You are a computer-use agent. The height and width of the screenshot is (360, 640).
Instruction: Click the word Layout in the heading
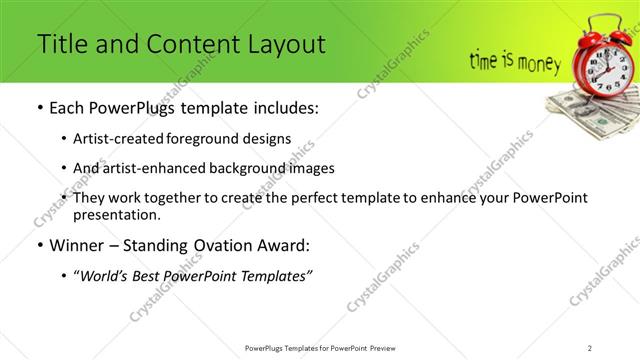284,45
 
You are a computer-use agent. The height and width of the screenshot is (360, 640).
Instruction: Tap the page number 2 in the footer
590,347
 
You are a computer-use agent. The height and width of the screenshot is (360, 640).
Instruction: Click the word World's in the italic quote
110,275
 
